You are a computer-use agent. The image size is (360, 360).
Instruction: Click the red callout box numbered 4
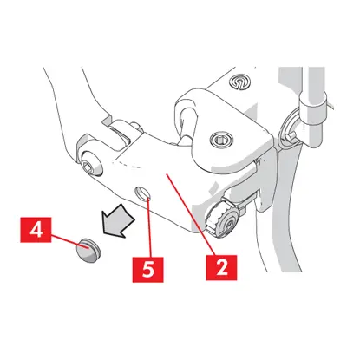click(36, 230)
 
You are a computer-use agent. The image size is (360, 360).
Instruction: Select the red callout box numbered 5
click(147, 270)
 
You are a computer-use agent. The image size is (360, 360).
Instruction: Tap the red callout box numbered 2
click(221, 267)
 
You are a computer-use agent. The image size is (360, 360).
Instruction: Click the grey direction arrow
click(118, 221)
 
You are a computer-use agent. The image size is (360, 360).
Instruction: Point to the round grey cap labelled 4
click(88, 251)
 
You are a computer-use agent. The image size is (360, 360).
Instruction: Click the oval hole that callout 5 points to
click(143, 193)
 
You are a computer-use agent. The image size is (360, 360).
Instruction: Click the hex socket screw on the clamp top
click(221, 140)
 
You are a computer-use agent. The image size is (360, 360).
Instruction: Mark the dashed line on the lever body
click(128, 164)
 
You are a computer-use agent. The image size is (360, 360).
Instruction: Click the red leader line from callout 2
click(191, 214)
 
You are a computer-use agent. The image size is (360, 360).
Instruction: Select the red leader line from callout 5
click(149, 227)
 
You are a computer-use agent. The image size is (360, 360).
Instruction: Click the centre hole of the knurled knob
click(229, 223)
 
